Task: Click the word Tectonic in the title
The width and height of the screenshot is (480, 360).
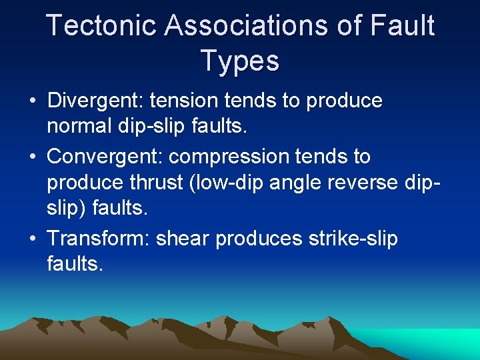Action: (x=101, y=26)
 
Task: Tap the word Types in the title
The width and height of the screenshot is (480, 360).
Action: (x=239, y=61)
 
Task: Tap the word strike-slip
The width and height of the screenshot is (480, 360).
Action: (x=362, y=238)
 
